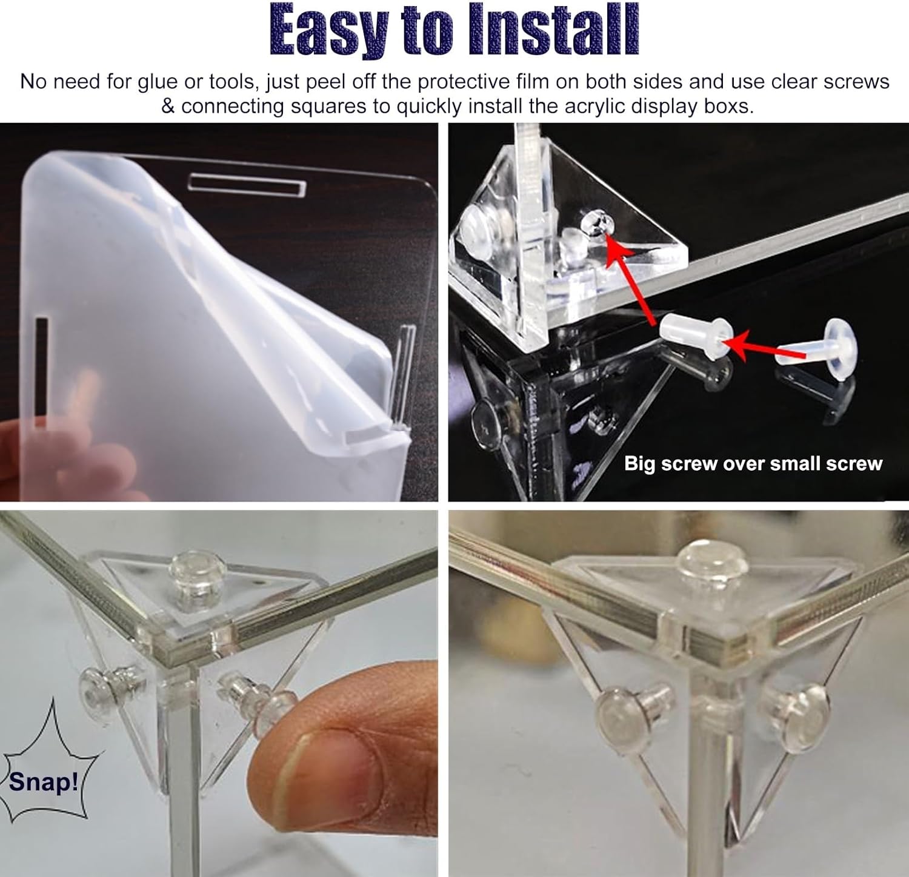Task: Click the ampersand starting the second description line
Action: pyautogui.click(x=168, y=107)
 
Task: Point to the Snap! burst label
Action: pyautogui.click(x=44, y=781)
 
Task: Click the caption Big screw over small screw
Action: pyautogui.click(x=753, y=463)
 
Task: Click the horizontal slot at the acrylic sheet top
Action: pyautogui.click(x=247, y=184)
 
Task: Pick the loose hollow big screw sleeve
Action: pyautogui.click(x=697, y=334)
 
